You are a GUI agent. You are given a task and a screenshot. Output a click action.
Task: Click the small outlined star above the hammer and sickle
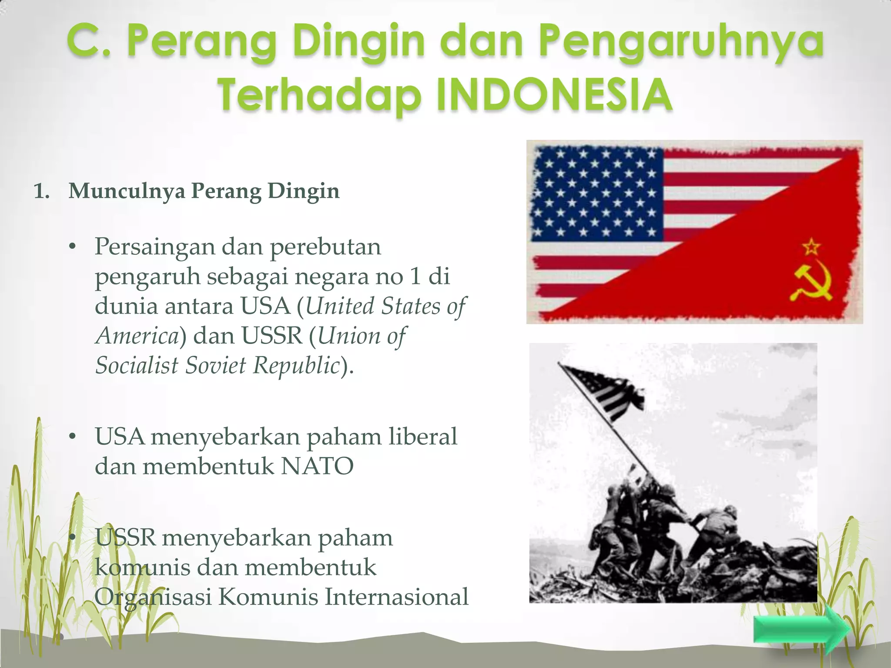coord(812,247)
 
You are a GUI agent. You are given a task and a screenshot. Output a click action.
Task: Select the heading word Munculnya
coord(127,191)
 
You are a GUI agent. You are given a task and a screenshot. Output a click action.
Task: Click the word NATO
coord(317,466)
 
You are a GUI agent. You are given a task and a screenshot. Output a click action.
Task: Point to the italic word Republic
coord(296,365)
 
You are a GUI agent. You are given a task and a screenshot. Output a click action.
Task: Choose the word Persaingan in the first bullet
coord(155,247)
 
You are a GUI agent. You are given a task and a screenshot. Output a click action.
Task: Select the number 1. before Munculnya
coord(42,191)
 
